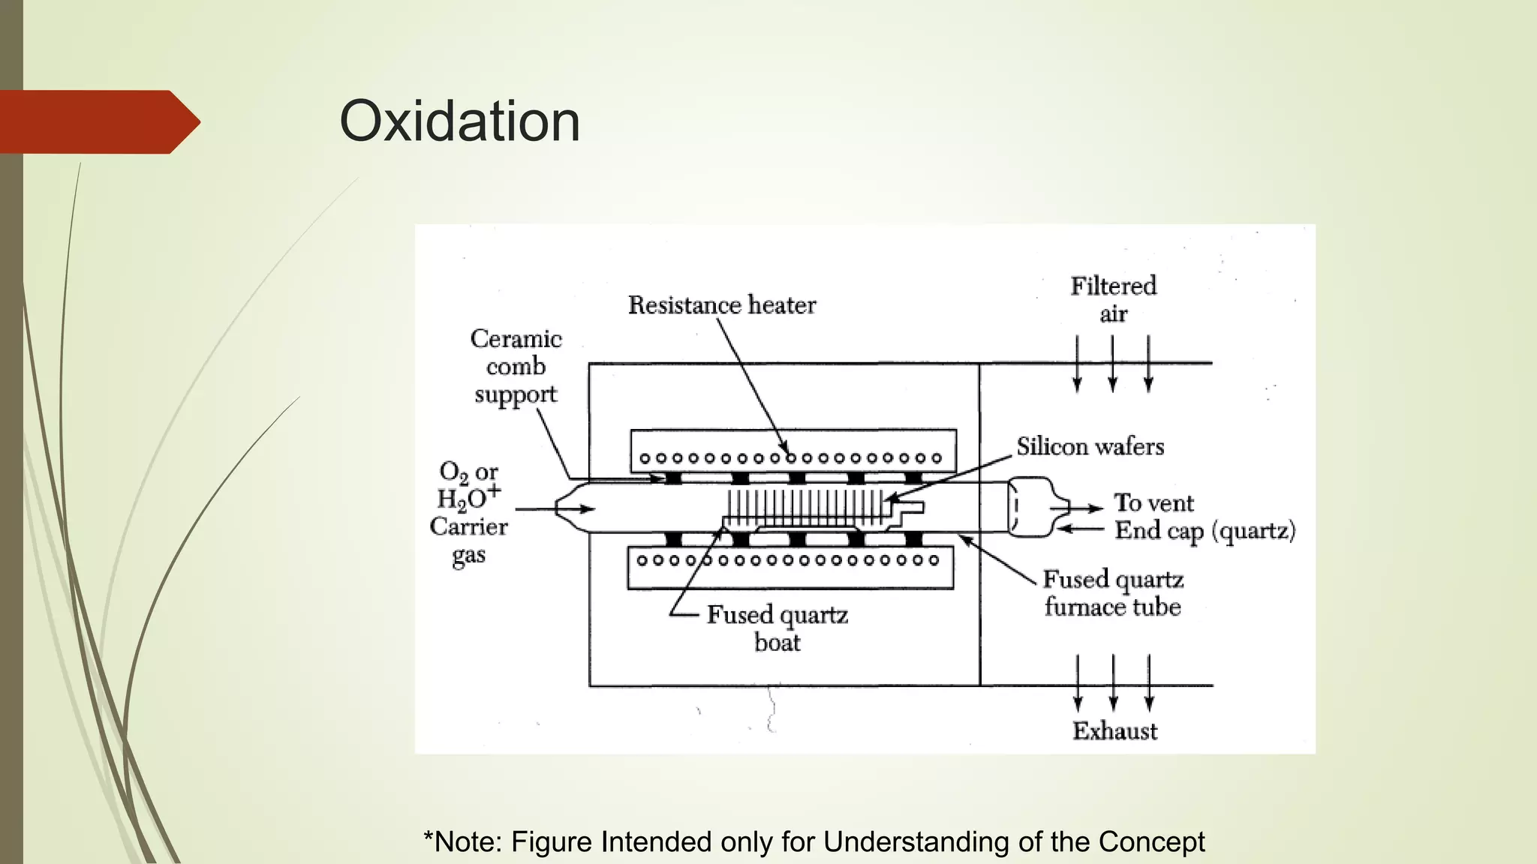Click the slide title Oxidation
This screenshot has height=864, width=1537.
click(x=459, y=121)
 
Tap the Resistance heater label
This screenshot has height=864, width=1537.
click(x=721, y=305)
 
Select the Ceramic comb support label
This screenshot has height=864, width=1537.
click(x=516, y=367)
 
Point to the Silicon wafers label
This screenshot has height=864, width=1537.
click(x=1090, y=447)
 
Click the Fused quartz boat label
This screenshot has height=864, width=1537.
click(x=778, y=628)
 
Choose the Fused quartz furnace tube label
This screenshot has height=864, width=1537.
click(x=1113, y=592)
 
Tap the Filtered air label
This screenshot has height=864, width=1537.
click(x=1113, y=299)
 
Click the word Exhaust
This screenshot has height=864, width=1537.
click(x=1114, y=731)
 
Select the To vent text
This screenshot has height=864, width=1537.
click(x=1154, y=502)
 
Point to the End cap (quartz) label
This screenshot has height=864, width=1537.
click(x=1205, y=531)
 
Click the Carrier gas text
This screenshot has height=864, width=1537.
click(x=469, y=541)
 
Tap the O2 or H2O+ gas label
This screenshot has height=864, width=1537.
click(x=469, y=484)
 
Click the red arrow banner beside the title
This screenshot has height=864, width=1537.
click(x=98, y=121)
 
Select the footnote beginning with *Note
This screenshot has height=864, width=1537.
click(x=814, y=842)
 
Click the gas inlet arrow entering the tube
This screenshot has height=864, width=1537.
click(x=555, y=509)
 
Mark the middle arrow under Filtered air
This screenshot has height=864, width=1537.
click(x=1112, y=364)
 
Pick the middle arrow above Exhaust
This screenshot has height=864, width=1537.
click(x=1113, y=682)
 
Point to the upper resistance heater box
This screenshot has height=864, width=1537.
click(x=793, y=450)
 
